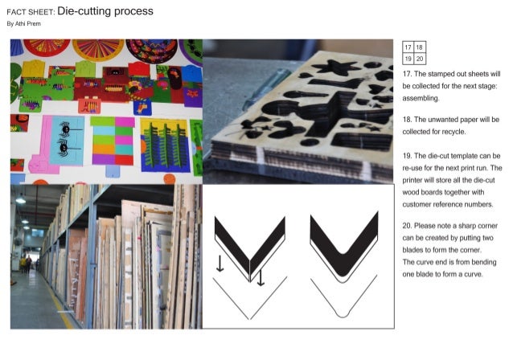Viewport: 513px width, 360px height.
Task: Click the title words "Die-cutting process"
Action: point(105,11)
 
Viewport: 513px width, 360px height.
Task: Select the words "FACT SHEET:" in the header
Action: point(31,13)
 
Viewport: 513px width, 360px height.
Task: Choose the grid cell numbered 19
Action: point(408,59)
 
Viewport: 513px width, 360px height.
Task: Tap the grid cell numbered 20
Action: point(420,59)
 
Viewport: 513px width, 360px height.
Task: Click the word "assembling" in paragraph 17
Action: point(421,98)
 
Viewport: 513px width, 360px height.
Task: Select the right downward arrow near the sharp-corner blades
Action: point(260,277)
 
